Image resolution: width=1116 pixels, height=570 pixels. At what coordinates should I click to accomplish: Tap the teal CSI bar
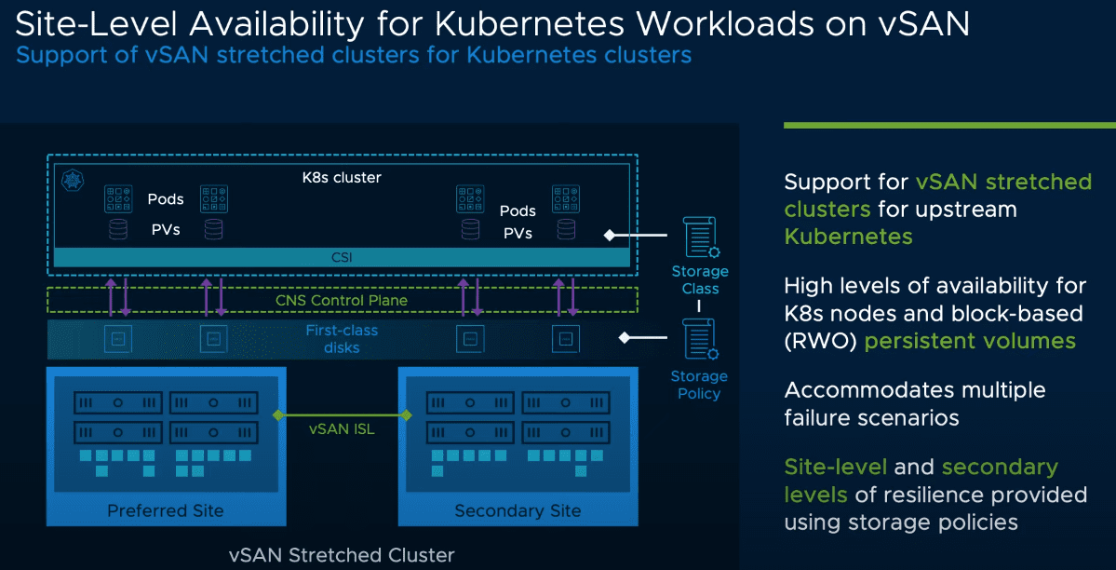coord(343,257)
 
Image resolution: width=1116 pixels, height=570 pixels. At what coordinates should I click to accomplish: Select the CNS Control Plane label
coord(342,300)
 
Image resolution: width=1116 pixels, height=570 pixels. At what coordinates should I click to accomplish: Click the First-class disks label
coord(342,339)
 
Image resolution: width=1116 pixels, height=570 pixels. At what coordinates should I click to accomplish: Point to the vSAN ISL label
coord(342,429)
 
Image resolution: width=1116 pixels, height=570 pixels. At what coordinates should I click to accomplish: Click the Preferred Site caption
coord(166,510)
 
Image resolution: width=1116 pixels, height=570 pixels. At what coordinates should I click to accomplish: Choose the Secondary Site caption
coord(518,510)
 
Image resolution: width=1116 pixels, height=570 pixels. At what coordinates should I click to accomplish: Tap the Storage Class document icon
coord(698,237)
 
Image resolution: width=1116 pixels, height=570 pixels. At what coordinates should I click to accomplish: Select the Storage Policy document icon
coord(698,340)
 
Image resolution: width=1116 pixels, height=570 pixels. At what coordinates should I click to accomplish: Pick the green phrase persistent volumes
coord(970,341)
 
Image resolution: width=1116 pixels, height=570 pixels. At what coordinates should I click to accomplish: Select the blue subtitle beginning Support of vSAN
coord(354,55)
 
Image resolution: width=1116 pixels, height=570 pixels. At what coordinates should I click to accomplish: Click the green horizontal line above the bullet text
coord(949,125)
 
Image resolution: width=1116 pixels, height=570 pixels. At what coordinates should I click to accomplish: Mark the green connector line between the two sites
coord(342,414)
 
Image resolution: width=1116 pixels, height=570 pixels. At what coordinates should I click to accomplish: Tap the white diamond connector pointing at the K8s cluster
coord(610,235)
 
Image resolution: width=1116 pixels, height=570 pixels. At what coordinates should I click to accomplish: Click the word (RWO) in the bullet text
coord(821,341)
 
